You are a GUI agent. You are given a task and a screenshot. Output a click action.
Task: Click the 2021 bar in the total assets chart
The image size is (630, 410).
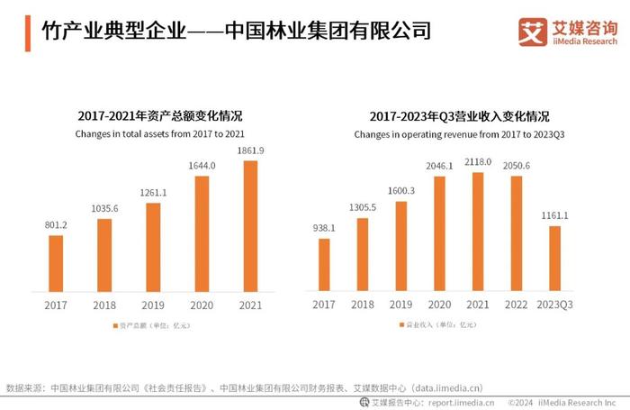[250, 226]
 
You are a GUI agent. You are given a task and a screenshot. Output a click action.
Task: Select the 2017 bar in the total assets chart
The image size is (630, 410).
[57, 263]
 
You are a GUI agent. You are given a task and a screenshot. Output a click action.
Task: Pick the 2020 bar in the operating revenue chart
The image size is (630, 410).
[439, 233]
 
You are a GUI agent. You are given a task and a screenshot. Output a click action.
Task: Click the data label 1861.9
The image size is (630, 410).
[251, 150]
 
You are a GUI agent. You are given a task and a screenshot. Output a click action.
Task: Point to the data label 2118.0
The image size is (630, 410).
[478, 162]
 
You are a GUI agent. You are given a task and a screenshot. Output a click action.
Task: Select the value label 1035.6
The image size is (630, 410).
[105, 208]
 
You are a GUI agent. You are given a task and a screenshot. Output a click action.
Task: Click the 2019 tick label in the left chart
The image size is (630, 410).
[154, 305]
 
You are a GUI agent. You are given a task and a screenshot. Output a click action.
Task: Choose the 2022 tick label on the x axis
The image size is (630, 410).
[516, 305]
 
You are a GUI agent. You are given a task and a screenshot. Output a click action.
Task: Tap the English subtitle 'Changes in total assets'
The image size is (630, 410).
[160, 133]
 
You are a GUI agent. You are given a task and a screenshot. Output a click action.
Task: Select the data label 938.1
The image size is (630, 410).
[325, 228]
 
